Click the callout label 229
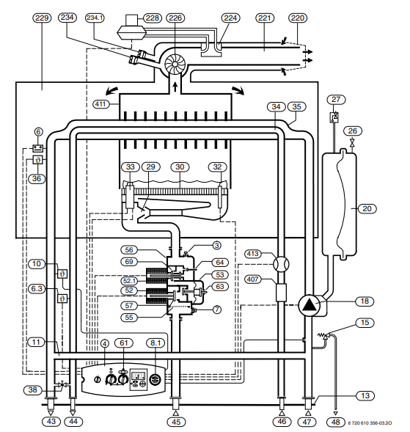(42, 18)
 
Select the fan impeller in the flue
(175, 65)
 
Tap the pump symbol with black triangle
(310, 306)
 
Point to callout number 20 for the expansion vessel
(367, 208)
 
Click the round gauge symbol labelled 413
(281, 264)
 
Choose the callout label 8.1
(155, 343)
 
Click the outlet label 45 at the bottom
(176, 422)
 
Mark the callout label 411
(100, 104)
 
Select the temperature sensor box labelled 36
(37, 160)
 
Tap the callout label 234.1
(95, 18)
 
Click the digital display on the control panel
(139, 376)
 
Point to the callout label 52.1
(130, 281)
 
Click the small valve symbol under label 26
(352, 144)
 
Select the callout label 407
(253, 279)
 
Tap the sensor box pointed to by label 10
(62, 274)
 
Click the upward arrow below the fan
(175, 87)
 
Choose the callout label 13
(365, 396)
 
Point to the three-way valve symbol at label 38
(63, 384)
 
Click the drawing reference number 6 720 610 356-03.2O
(370, 423)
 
